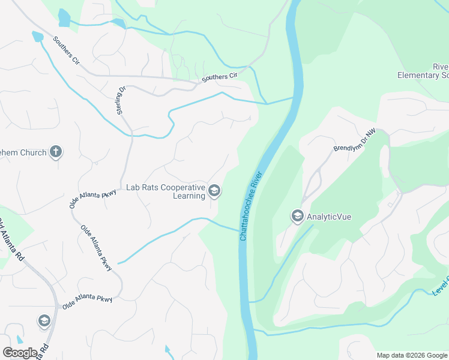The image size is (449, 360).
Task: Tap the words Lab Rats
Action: (x=143, y=187)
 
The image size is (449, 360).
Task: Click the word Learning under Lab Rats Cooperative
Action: (x=189, y=196)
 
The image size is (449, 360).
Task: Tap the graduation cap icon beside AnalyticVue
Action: (x=297, y=216)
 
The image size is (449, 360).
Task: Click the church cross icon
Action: (x=56, y=152)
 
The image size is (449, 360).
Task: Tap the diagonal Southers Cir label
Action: (x=65, y=50)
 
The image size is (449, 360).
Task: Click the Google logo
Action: (x=20, y=353)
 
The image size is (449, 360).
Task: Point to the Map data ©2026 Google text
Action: (x=412, y=355)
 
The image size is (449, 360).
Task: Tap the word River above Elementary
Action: (x=440, y=66)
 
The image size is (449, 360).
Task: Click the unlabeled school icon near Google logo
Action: (x=44, y=321)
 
